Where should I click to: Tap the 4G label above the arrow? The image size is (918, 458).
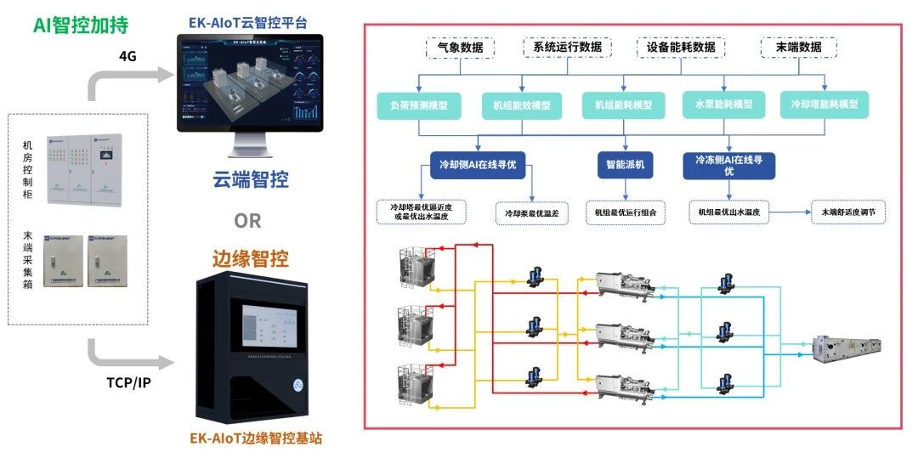[x=127, y=56]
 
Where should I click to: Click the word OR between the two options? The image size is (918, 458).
[x=247, y=221]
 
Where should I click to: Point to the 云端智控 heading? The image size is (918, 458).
[x=250, y=180]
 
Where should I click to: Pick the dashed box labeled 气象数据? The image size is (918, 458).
[x=460, y=47]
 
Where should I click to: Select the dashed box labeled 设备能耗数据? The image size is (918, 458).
[x=682, y=47]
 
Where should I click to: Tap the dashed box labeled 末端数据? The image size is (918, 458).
[x=798, y=47]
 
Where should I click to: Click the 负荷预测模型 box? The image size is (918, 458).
[x=418, y=105]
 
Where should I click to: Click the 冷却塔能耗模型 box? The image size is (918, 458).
[x=824, y=105]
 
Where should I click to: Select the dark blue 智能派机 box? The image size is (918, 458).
[x=625, y=164]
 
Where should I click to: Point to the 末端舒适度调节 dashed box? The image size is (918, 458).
[x=847, y=212]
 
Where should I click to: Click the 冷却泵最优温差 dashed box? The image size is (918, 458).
[x=531, y=212]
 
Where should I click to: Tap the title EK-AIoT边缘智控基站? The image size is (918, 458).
[x=256, y=439]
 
